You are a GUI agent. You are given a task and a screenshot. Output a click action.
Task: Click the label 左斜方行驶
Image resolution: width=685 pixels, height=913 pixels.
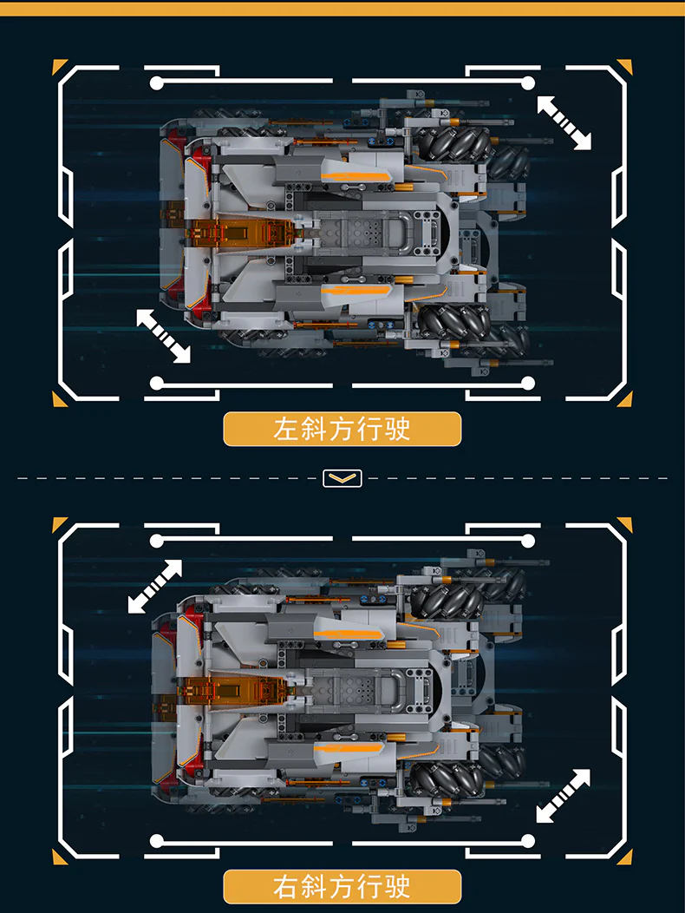pos(342,429)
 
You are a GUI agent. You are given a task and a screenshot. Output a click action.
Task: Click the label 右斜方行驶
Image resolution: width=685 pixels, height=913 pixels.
pos(342,887)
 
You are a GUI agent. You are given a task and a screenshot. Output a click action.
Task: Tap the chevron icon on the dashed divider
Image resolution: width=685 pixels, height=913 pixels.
pos(342,478)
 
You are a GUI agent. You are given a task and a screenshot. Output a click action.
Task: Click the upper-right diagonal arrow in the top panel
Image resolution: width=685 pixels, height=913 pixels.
pos(564,123)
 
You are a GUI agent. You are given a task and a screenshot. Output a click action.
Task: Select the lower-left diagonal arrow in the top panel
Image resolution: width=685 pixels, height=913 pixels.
pos(163,336)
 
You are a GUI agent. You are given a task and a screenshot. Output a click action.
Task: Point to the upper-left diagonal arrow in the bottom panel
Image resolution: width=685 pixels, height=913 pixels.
pos(155,587)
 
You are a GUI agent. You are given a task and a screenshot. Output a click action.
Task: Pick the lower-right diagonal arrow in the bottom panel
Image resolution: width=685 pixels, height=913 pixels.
pos(563,796)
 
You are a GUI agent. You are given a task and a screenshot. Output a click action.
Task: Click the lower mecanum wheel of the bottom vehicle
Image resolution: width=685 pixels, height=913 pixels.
pos(447,779)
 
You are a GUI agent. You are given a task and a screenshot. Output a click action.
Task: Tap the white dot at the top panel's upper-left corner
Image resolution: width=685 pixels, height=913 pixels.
pos(157,83)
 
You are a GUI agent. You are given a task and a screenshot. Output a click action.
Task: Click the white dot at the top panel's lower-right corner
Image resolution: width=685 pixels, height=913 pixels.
pos(528,383)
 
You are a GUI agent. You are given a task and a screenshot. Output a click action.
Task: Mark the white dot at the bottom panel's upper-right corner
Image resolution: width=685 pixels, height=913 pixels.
pos(528,542)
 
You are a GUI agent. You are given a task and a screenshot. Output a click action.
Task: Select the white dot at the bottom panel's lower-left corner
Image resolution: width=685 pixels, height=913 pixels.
pos(157,841)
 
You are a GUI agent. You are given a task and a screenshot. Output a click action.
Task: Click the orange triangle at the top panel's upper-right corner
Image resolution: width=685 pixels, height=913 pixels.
pos(627,65)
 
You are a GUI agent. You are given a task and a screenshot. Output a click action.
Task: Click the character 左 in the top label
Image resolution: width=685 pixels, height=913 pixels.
pos(286,429)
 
